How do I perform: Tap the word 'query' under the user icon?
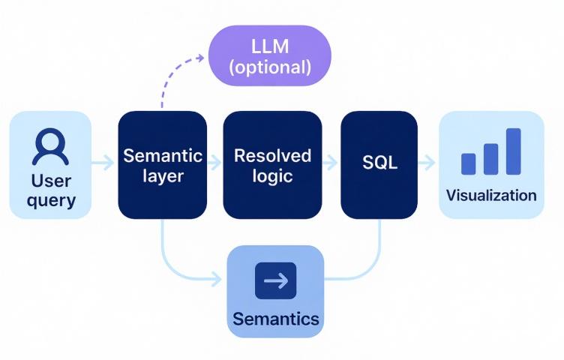point(51,201)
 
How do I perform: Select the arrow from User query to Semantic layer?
point(103,163)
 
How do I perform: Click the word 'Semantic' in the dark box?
point(163,156)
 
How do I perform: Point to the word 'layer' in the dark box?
point(163,176)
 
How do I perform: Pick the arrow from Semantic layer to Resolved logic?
point(214,163)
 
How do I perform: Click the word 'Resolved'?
point(272,156)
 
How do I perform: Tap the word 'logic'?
point(272,176)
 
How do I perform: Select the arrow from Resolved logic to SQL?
point(330,163)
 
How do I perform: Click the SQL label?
point(379,163)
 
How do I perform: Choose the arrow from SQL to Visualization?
point(427,163)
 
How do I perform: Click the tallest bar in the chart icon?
point(513,151)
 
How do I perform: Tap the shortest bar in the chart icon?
point(468,164)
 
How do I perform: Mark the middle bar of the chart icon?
point(491,159)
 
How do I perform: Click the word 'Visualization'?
point(491,195)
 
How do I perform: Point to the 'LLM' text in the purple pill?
point(270,46)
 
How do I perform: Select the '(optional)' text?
point(270,67)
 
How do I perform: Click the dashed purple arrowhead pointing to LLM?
point(200,58)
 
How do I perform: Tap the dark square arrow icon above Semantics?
point(275,280)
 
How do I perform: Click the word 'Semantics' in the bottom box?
point(276,319)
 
